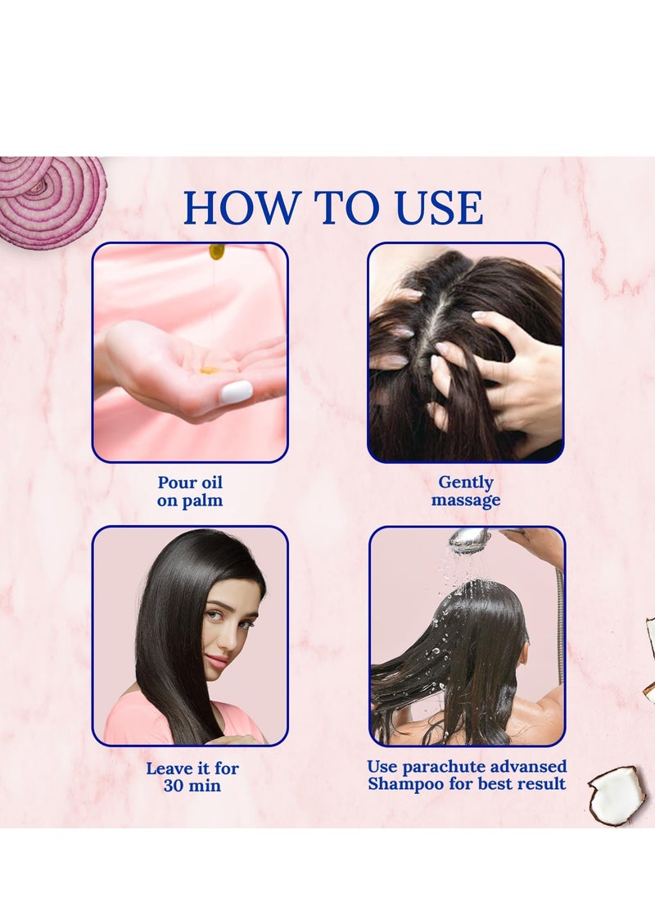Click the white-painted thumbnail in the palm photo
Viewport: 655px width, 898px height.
tap(237, 392)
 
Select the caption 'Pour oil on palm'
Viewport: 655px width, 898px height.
tap(190, 491)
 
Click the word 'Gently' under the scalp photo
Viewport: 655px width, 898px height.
tap(466, 483)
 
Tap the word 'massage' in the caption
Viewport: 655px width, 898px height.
tap(466, 500)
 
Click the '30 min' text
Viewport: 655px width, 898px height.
tap(192, 785)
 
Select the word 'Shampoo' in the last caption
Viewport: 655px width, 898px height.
tap(405, 783)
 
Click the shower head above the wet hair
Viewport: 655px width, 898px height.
tap(470, 537)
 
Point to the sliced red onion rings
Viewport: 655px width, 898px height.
tap(52, 197)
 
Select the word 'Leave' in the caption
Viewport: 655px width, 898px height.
tap(166, 768)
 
